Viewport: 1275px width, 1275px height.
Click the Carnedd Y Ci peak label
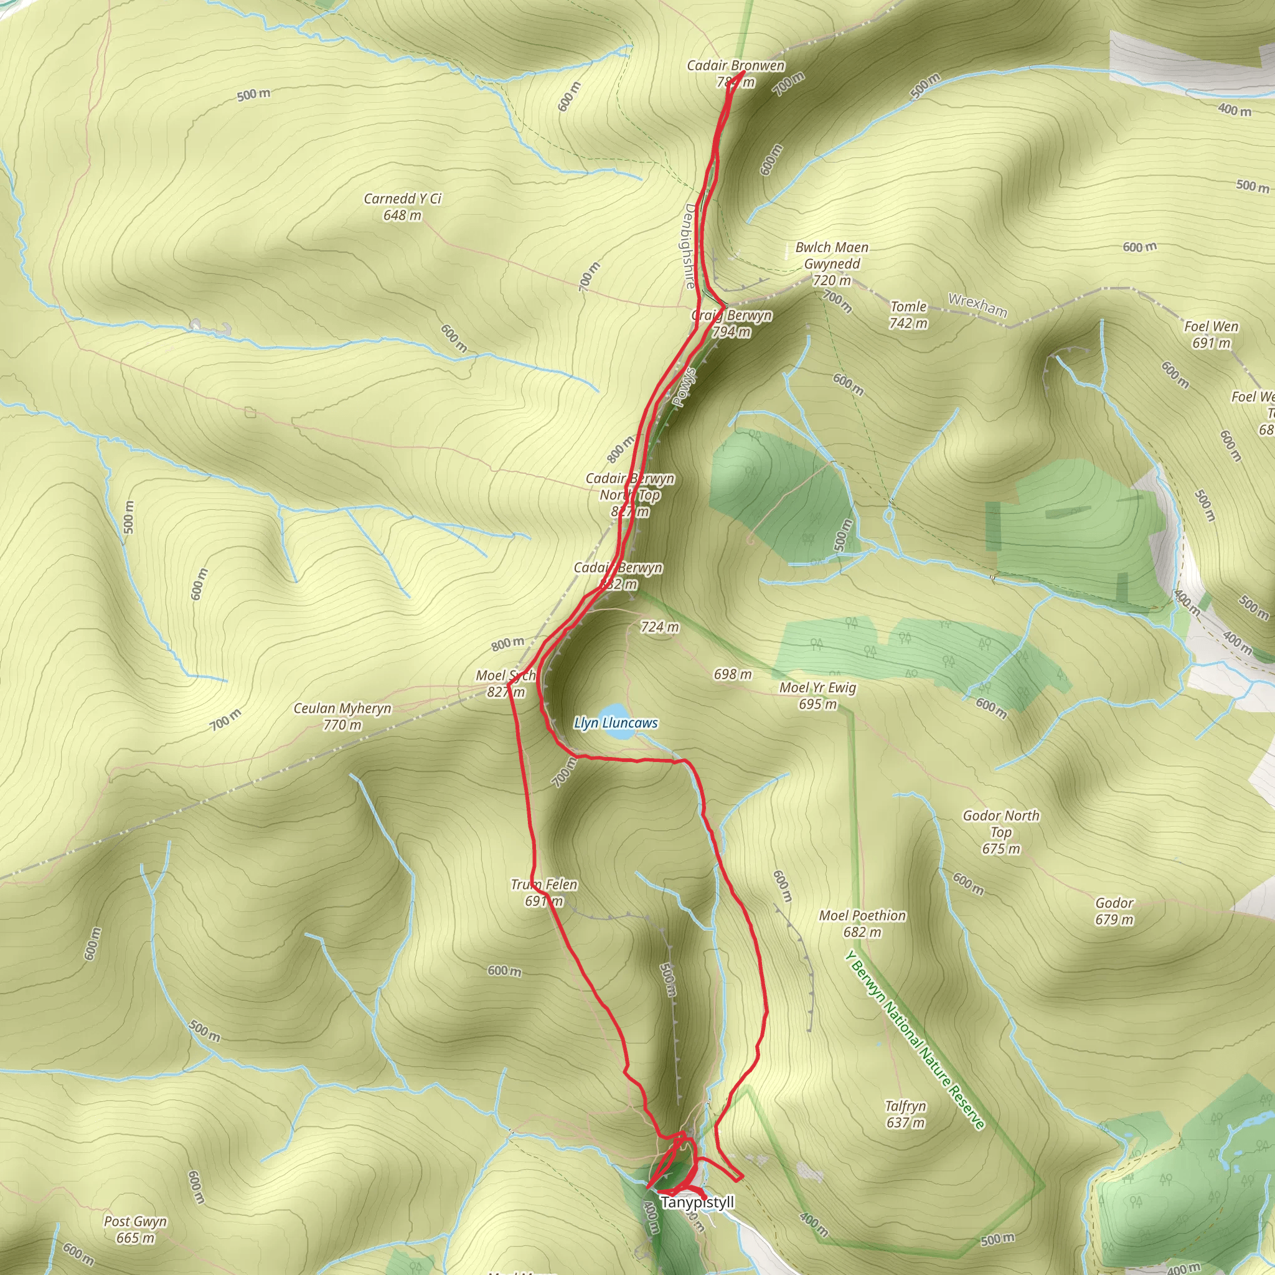402,207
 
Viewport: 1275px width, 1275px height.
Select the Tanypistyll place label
697,1202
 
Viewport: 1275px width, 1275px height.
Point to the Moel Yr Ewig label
817,695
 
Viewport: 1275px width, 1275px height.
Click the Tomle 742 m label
908,315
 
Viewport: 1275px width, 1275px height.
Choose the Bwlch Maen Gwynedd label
832,263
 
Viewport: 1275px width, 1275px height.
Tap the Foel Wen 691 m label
1211,334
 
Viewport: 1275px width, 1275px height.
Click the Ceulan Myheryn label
342,716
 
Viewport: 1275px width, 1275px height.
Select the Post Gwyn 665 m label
135,1230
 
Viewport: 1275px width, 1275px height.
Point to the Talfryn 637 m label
905,1114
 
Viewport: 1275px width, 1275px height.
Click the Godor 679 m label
1114,911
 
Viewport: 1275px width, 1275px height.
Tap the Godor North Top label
1000,832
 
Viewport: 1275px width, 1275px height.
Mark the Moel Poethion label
862,923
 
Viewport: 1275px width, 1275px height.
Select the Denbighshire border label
690,246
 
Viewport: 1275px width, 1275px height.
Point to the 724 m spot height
659,627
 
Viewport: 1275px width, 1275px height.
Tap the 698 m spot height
733,674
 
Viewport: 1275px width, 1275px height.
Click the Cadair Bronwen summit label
736,73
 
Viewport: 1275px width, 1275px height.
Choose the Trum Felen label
543,892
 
